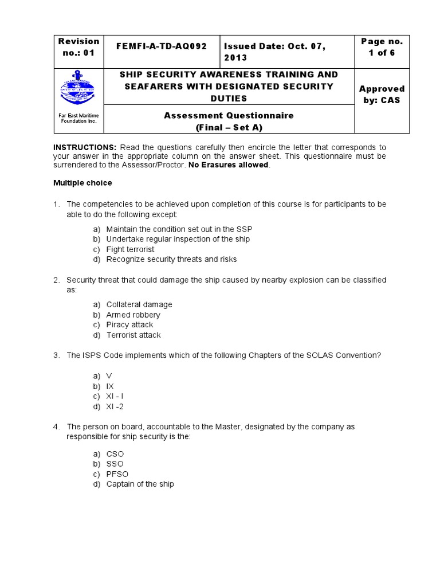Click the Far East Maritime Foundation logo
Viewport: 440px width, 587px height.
click(x=78, y=89)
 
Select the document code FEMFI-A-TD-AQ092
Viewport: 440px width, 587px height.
click(x=161, y=46)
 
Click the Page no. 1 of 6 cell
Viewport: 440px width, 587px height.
click(x=382, y=47)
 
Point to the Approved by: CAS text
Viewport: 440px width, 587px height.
click(x=382, y=94)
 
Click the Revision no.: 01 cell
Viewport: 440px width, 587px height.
click(x=78, y=46)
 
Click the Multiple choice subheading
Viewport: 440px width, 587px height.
click(x=82, y=183)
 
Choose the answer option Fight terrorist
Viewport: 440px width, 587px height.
click(x=130, y=249)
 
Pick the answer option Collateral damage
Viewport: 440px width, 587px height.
click(x=139, y=304)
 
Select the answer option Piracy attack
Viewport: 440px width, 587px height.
click(x=129, y=325)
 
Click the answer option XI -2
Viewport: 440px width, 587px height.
click(x=115, y=406)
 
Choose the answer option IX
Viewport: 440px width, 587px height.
click(x=110, y=386)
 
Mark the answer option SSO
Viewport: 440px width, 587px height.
click(x=115, y=464)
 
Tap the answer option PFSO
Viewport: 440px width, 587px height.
click(x=117, y=474)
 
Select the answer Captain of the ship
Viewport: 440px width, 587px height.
click(x=140, y=484)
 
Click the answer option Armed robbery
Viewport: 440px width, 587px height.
click(x=133, y=315)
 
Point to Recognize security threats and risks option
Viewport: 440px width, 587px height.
click(x=171, y=259)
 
